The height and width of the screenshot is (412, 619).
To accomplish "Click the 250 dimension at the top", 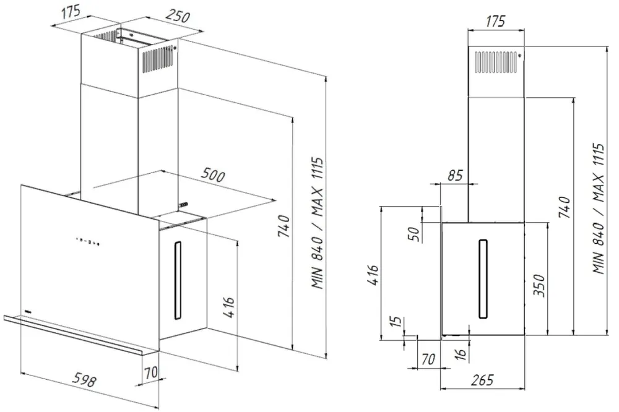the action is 178,15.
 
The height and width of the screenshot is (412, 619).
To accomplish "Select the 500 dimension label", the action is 212,174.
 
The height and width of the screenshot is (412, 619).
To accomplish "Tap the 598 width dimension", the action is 84,379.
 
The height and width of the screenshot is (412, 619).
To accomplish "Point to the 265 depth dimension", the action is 482,380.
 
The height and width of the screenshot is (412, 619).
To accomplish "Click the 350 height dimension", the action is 539,285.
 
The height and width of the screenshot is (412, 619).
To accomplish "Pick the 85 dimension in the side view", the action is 455,175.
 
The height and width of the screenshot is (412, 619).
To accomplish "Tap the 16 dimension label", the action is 461,354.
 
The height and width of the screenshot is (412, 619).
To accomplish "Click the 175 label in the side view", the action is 495,21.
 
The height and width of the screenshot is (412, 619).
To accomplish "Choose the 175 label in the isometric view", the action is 71,11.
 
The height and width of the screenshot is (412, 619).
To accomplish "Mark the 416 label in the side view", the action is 373,275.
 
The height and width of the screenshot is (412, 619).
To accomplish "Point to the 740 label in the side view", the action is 565,207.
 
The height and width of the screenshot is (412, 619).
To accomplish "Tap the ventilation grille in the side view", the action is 496,62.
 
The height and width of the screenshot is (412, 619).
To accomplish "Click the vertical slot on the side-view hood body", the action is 483,278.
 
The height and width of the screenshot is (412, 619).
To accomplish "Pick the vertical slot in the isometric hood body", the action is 178,280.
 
